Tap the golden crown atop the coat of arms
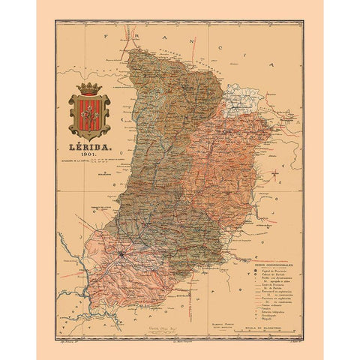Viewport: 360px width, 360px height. (x=89, y=88)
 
